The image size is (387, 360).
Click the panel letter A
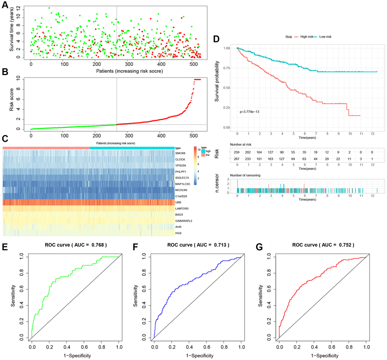[x=5, y=5]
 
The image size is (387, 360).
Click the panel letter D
[x=217, y=39]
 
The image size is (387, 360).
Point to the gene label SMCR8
[x=181, y=153]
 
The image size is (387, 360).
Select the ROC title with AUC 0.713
[x=198, y=245]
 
